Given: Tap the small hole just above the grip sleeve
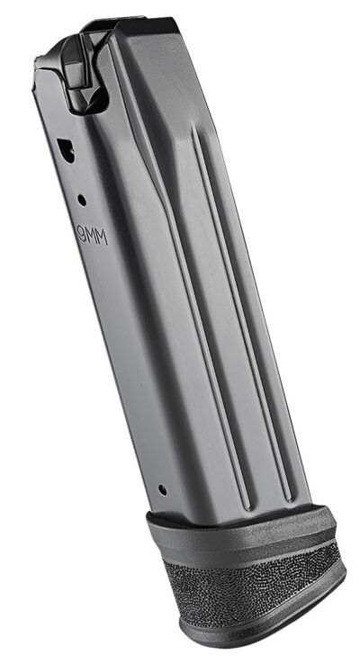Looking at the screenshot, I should click(x=162, y=491).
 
